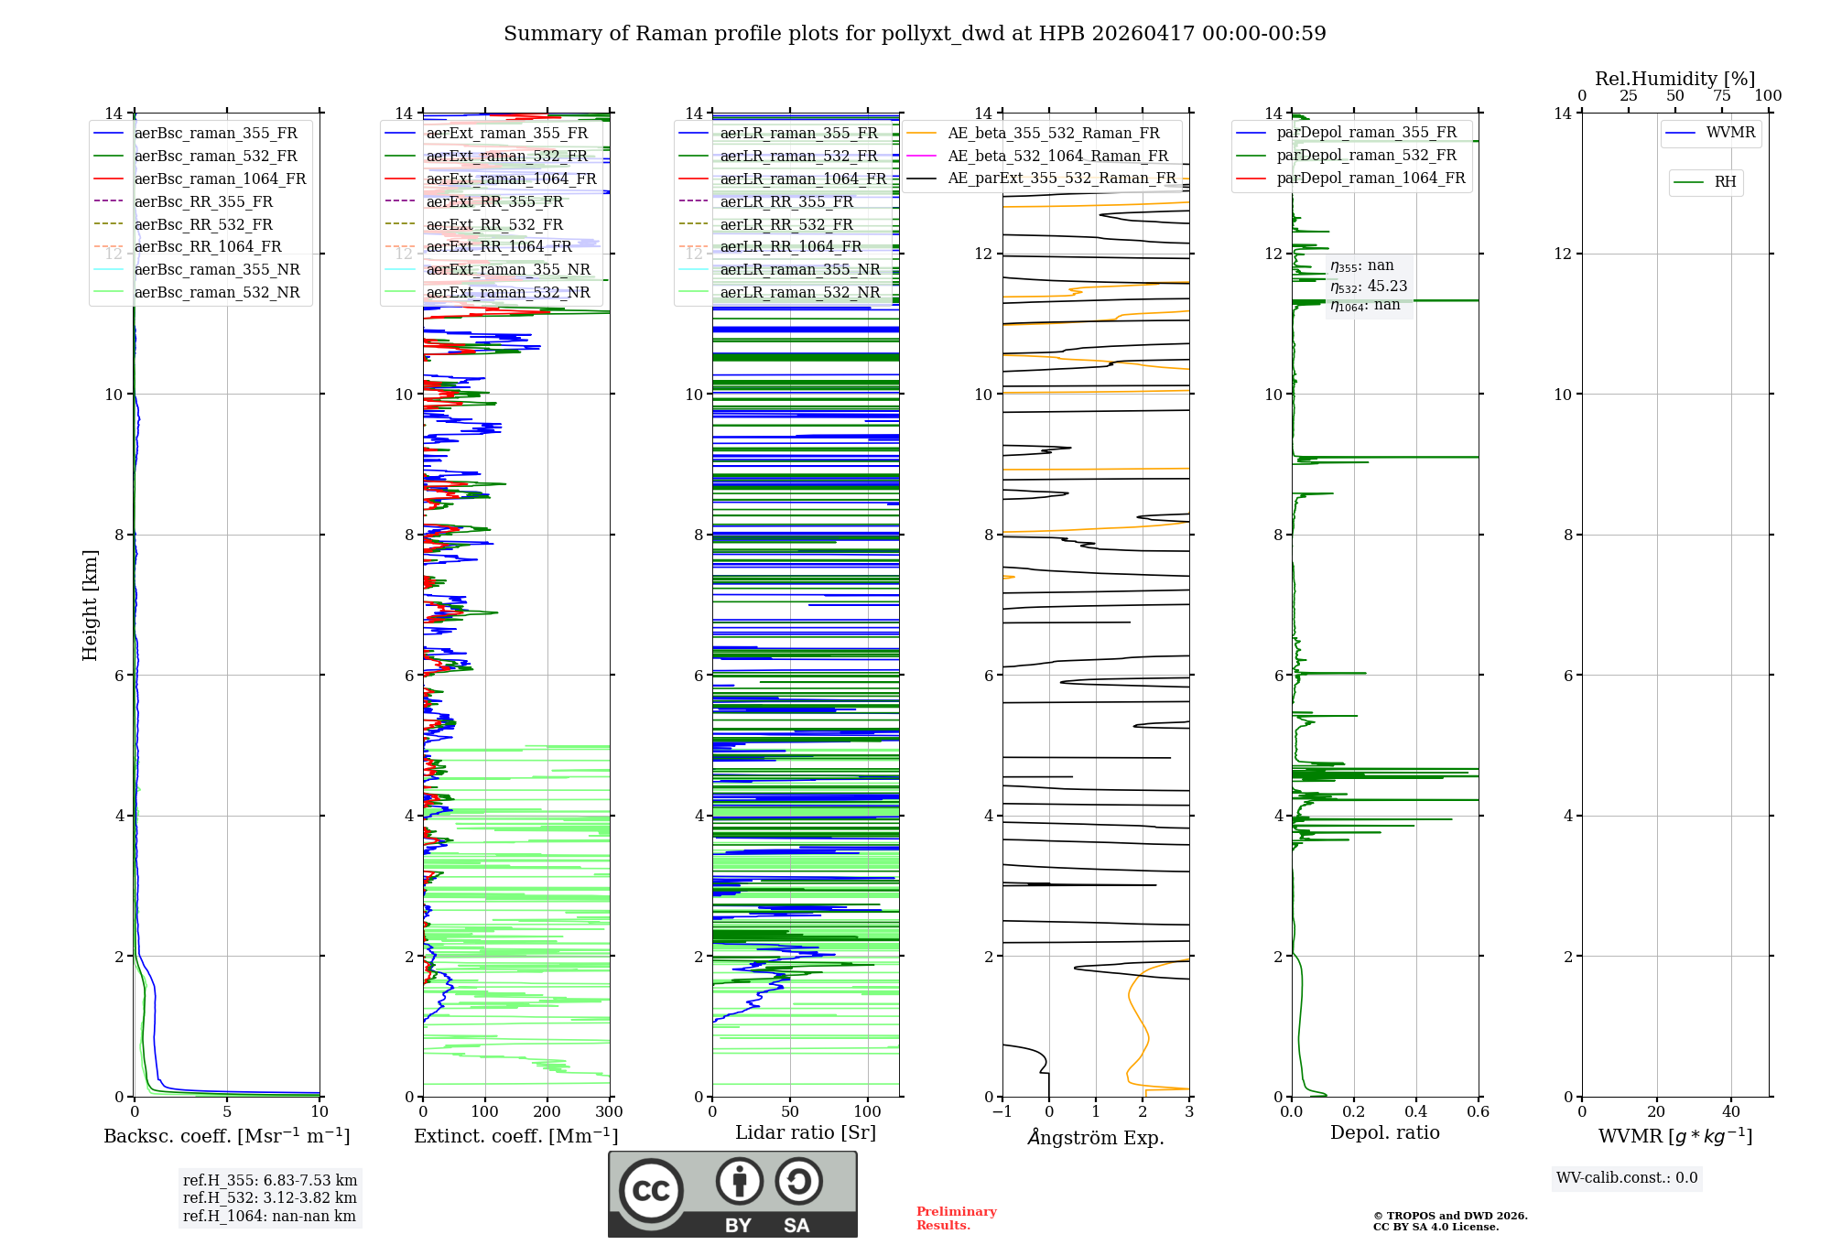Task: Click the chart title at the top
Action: (x=915, y=34)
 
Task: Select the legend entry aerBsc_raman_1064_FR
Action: (x=220, y=179)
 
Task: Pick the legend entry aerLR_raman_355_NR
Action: (x=799, y=269)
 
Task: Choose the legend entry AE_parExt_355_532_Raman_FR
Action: (x=1061, y=178)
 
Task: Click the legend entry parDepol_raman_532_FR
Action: (x=1366, y=155)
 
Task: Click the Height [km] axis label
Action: (x=90, y=605)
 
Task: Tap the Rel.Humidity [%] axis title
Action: (x=1674, y=79)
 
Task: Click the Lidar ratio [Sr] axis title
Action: (x=806, y=1132)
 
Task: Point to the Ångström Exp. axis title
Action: (x=1096, y=1137)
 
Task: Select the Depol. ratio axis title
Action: (x=1384, y=1132)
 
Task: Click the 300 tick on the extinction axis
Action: (x=610, y=1112)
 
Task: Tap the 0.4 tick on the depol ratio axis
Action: (x=1416, y=1112)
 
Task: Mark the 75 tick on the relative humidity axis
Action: (x=1722, y=96)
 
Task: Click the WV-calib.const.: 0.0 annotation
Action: (x=1627, y=1178)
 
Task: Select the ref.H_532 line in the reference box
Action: (x=269, y=1197)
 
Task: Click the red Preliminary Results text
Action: (x=956, y=1218)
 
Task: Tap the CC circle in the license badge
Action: (x=651, y=1190)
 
